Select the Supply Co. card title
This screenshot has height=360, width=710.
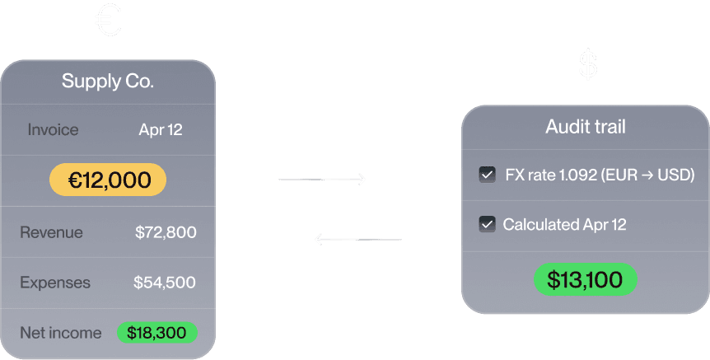click(108, 82)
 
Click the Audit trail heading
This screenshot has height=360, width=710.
click(586, 126)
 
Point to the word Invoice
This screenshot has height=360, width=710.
click(53, 129)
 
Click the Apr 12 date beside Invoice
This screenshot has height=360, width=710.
click(161, 129)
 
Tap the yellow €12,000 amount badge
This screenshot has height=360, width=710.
click(108, 180)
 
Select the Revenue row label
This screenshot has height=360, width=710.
click(51, 232)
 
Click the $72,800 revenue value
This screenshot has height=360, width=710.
click(166, 232)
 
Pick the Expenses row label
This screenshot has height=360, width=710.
click(55, 283)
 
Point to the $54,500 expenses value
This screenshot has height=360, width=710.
click(165, 283)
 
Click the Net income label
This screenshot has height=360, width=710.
click(61, 333)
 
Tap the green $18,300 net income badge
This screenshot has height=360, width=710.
click(157, 333)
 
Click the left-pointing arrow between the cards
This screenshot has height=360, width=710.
click(358, 240)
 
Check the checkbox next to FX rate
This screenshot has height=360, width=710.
click(487, 175)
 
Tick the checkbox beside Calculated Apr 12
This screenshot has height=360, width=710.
click(487, 224)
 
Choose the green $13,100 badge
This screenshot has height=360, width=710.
click(585, 280)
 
